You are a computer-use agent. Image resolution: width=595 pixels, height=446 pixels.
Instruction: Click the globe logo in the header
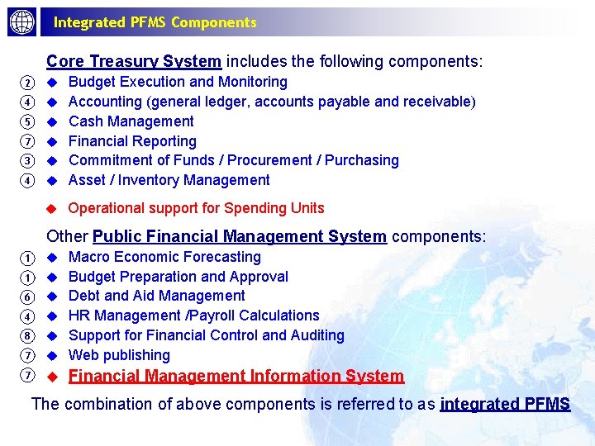[22, 22]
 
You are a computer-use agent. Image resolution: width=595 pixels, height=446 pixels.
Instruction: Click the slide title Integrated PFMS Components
[155, 22]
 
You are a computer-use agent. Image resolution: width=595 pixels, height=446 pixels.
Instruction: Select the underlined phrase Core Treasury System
[134, 61]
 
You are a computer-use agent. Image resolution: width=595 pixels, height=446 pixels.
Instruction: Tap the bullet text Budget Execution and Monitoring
[178, 82]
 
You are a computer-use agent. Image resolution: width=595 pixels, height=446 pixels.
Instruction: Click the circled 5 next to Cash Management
[27, 122]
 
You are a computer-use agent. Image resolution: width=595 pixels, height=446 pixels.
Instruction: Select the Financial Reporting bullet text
[132, 141]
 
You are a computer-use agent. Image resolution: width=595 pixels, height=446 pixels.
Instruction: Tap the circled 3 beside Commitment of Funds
[27, 161]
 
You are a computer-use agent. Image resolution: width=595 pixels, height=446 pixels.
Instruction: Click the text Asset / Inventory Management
[169, 180]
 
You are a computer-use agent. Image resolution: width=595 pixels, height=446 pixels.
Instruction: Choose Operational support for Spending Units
[196, 208]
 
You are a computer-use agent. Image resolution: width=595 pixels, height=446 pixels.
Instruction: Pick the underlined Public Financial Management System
[240, 237]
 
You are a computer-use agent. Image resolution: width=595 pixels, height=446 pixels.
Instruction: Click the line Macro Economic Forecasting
[164, 257]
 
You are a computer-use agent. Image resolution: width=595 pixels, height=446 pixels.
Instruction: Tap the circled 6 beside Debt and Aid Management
[27, 297]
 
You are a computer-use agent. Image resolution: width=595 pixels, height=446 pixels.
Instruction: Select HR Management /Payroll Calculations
[193, 316]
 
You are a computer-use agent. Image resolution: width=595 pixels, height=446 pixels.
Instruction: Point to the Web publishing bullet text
[119, 355]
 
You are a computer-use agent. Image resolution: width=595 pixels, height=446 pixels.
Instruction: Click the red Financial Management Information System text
[236, 377]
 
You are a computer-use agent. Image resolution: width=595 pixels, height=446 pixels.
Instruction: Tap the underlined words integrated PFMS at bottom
[505, 404]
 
